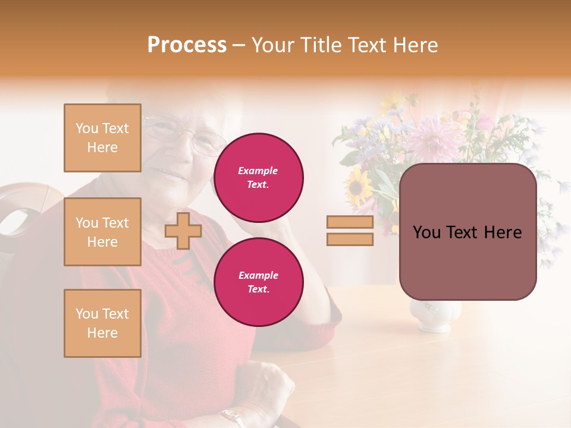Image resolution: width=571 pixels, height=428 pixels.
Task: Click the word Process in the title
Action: [x=187, y=45]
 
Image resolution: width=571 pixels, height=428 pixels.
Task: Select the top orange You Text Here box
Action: [x=102, y=138]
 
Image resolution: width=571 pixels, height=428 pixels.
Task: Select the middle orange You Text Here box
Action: [x=102, y=232]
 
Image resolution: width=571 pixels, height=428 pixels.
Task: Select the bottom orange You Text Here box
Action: [x=102, y=323]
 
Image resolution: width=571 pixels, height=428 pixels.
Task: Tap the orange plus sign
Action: [x=183, y=231]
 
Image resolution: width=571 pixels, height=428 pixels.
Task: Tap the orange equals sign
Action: [x=350, y=231]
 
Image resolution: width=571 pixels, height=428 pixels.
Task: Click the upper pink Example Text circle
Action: [x=258, y=177]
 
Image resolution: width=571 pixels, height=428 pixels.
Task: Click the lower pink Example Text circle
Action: [x=258, y=282]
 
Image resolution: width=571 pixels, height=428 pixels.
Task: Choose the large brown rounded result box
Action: [x=468, y=232]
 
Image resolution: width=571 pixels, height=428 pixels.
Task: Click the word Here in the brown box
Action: [x=503, y=232]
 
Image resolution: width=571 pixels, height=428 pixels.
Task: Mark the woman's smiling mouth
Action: [x=168, y=174]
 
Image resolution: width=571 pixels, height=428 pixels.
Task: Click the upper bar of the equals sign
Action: [x=350, y=222]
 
